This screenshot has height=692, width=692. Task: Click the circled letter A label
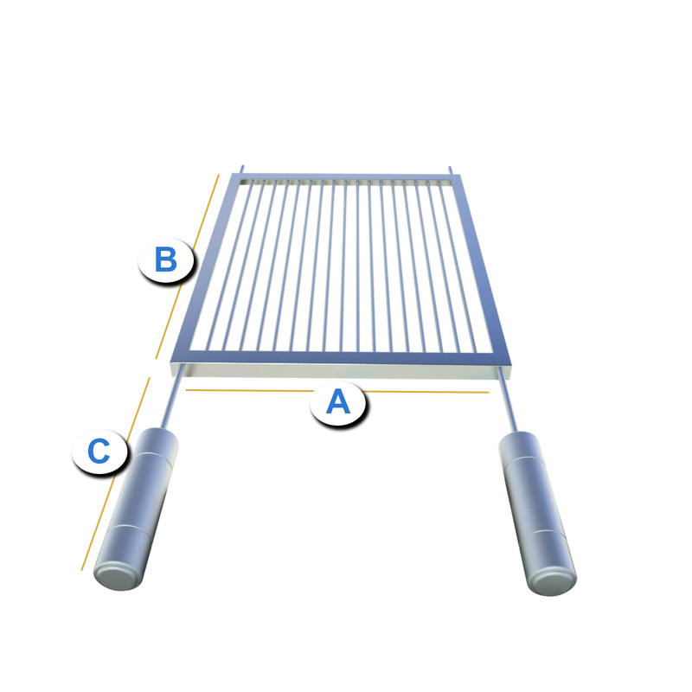pos(337,402)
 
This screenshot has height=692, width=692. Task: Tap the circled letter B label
pos(166,259)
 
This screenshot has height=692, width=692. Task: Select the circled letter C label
pos(99,451)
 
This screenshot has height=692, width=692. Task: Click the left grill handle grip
pos(137,508)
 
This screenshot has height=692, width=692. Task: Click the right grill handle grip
pos(537,512)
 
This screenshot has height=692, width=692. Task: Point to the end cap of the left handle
pos(119,578)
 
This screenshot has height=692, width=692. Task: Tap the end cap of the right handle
pos(553,583)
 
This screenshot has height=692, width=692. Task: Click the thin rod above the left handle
pos(172,396)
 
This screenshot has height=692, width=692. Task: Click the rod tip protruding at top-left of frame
pos(241,170)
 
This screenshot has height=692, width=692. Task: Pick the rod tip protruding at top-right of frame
pos(451,170)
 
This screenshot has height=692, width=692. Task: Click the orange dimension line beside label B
pos(187,266)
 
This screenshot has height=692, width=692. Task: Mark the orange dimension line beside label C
pos(116,474)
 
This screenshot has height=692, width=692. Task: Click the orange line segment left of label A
pos(250,391)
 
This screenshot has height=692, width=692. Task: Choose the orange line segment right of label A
pos(426,392)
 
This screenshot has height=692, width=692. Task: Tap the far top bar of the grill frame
pos(346,176)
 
